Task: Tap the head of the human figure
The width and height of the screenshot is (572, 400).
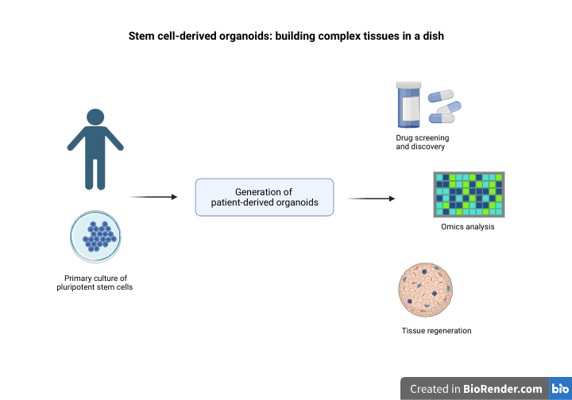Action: point(95,117)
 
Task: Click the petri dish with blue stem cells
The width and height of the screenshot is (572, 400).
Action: point(95,236)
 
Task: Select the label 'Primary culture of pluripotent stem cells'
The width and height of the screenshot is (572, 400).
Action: point(95,283)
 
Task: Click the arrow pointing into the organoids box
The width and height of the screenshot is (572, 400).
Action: point(153,197)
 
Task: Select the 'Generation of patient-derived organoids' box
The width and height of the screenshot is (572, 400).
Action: point(265,197)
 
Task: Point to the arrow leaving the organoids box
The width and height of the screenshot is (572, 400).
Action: point(371,198)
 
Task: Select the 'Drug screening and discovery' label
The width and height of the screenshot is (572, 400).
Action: point(422,142)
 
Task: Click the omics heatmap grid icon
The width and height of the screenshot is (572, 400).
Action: point(469,194)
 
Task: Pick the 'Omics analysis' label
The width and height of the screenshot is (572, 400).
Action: point(468,227)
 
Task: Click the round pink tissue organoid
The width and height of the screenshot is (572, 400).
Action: point(426,290)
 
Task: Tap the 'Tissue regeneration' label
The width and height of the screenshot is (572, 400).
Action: point(436,330)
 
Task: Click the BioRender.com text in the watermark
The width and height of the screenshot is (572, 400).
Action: point(503,389)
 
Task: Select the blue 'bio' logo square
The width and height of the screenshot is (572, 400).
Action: point(560,389)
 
